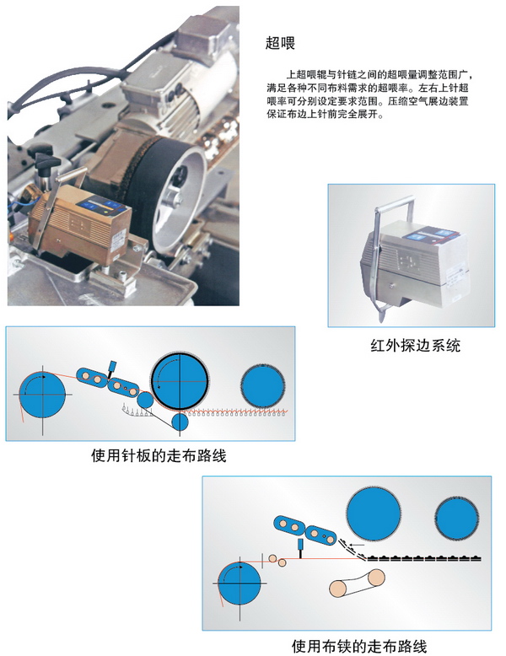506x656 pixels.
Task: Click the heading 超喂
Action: tap(281, 43)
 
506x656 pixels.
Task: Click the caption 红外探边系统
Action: tap(415, 346)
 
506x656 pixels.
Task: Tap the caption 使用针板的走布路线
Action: tap(159, 455)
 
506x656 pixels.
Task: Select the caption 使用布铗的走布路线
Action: tap(359, 646)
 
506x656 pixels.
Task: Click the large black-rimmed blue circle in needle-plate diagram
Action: tap(180, 382)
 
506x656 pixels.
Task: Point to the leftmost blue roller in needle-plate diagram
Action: tap(42, 395)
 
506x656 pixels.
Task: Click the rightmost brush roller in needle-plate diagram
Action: tap(263, 385)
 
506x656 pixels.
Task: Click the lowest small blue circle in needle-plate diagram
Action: tap(180, 422)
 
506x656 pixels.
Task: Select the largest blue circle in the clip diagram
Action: tap(373, 514)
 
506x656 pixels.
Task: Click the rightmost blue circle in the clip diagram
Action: tap(456, 519)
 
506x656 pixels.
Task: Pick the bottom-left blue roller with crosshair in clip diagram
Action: tap(240, 583)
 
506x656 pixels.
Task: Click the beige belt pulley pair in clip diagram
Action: tap(357, 583)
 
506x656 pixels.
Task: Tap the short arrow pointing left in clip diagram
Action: tap(357, 545)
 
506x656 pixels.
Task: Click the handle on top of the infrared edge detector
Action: tap(394, 205)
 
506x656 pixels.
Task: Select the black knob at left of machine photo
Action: tap(43, 164)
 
